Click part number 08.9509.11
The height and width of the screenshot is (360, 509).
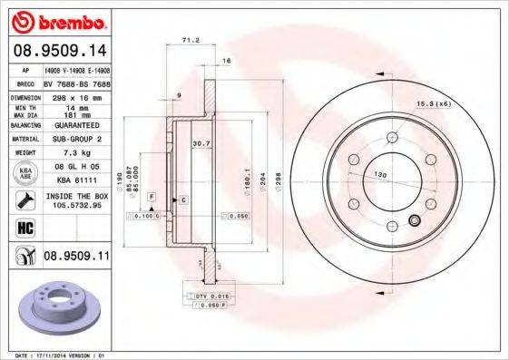pos(76,257)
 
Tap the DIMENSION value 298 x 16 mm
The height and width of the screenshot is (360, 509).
pos(75,96)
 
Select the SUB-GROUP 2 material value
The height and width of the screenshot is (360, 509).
pos(75,139)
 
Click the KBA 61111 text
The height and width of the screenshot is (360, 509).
pos(75,180)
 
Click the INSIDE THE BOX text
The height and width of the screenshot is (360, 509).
pos(75,196)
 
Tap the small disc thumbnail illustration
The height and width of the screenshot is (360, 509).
pos(56,307)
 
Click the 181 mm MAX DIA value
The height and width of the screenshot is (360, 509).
pos(75,114)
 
